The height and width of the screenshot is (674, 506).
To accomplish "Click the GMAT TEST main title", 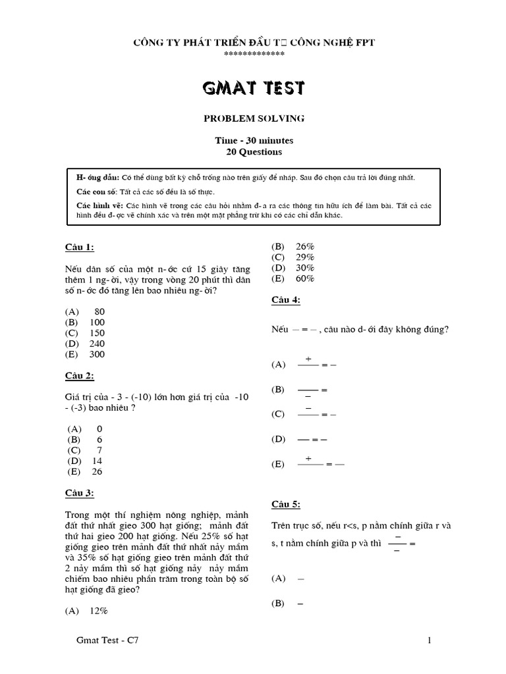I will (x=254, y=88).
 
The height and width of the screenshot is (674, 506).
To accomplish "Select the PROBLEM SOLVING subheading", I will (x=254, y=118).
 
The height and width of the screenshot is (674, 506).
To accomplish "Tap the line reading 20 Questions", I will (x=254, y=152).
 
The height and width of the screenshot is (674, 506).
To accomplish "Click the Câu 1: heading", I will (x=80, y=247).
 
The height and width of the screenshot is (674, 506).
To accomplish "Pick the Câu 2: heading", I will (x=80, y=376).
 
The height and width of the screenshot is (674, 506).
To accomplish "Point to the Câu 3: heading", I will (x=80, y=493).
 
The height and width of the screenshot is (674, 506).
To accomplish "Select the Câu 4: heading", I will (x=286, y=300).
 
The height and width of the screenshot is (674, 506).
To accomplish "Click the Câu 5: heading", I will (x=286, y=504).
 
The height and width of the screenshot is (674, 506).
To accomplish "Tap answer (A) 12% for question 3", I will (x=86, y=611).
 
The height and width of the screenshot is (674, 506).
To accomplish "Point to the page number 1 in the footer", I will (x=429, y=640).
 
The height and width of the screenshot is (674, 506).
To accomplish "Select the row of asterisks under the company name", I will (x=254, y=53).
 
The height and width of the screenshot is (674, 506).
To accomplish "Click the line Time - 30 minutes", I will (x=254, y=141).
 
